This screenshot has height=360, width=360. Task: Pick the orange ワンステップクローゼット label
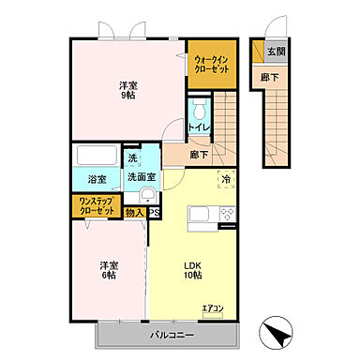pos(97,205)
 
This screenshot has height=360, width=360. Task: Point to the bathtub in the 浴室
pos(94,156)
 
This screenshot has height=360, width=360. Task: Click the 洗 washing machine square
pos(132,157)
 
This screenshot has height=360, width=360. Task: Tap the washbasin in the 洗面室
pos(148,196)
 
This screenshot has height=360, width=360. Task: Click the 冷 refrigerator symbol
pos(226,178)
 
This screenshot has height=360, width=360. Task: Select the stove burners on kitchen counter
pos(226,215)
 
